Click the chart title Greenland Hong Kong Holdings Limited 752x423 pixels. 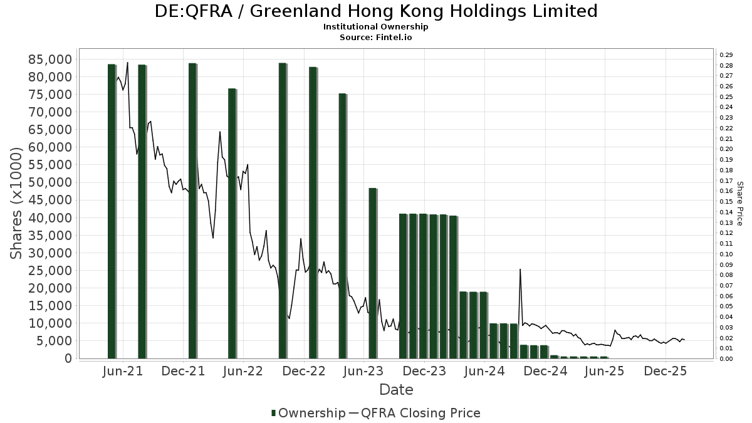[x=376, y=11]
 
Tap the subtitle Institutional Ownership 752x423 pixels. [x=376, y=27]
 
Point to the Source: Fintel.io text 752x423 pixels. [x=376, y=37]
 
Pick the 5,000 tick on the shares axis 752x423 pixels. [x=54, y=341]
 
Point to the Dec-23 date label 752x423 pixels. [x=424, y=371]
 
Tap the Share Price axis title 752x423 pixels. [x=739, y=204]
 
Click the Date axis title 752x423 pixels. [x=396, y=390]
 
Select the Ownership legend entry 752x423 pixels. [x=308, y=413]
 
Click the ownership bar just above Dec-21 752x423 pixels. [x=192, y=211]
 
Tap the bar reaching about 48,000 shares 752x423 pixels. [x=372, y=273]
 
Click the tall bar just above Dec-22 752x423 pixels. [x=313, y=212]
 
